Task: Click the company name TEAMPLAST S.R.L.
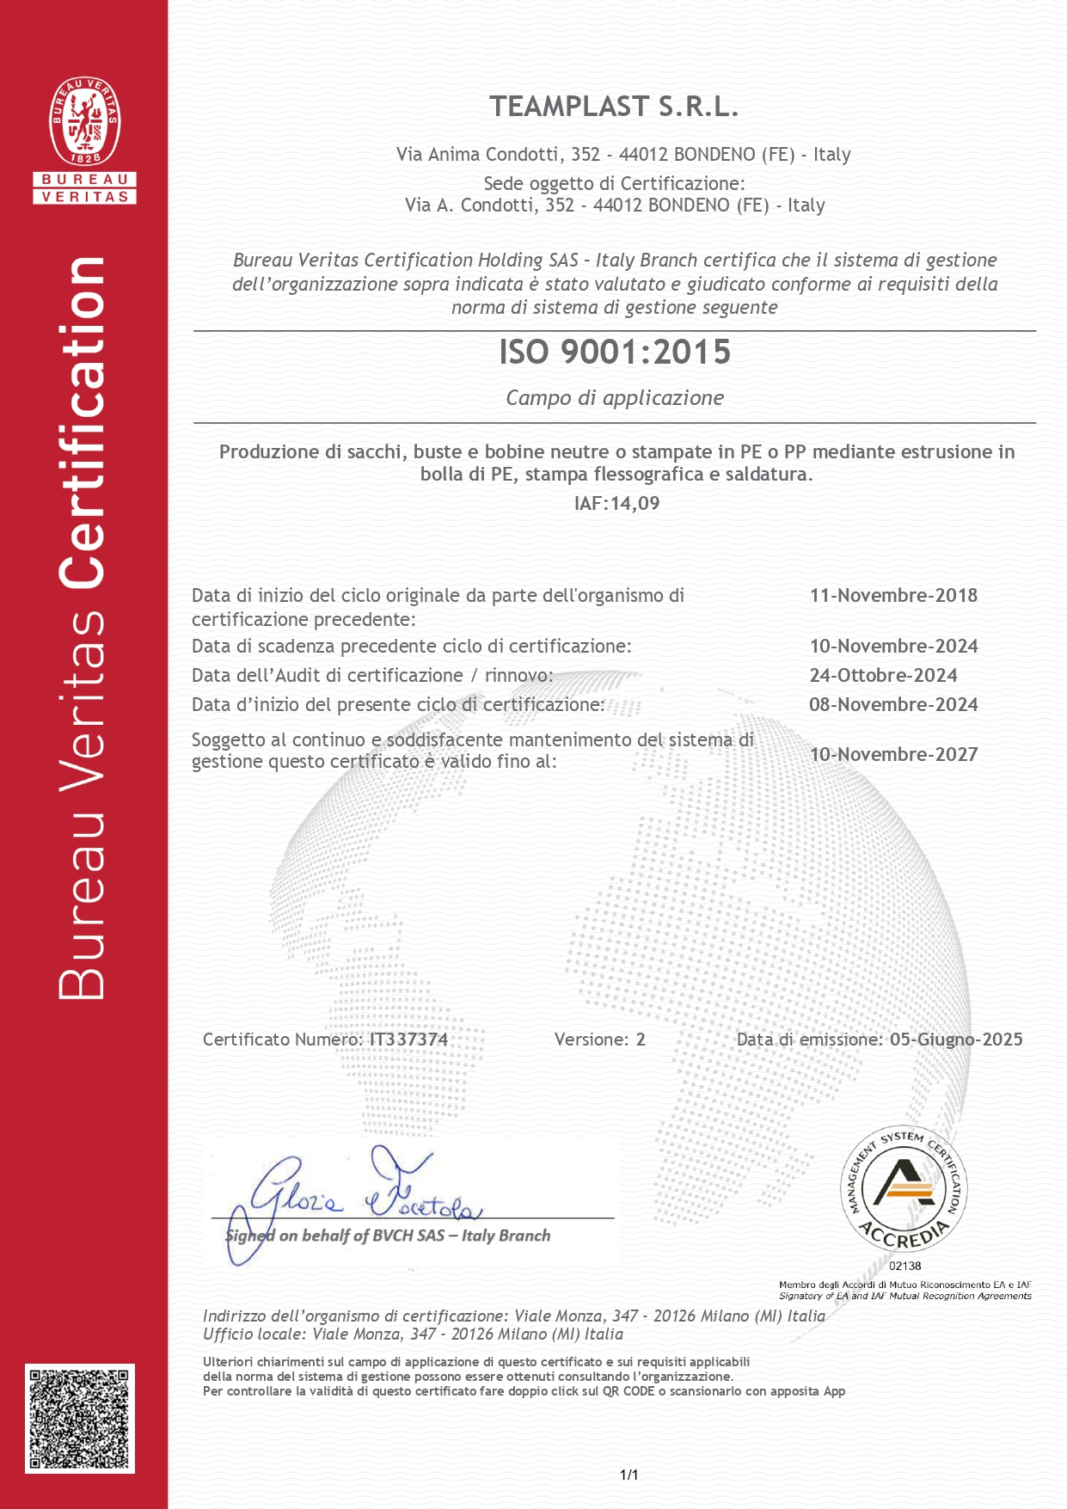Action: [614, 107]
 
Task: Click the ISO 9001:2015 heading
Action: [614, 352]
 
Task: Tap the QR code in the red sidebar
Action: [80, 1418]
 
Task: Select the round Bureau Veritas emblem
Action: [84, 122]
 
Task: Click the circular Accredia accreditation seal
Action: [904, 1190]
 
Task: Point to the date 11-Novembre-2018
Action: [893, 595]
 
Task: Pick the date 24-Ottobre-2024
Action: [883, 675]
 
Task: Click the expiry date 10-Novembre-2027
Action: [893, 754]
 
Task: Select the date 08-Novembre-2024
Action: [893, 704]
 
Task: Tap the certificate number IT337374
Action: [408, 1039]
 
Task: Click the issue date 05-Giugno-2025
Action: [956, 1039]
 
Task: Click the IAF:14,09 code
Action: [616, 503]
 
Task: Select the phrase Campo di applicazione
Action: [614, 397]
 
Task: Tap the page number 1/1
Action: [629, 1475]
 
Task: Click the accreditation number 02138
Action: [904, 1266]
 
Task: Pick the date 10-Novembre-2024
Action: [893, 646]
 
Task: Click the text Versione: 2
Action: [599, 1039]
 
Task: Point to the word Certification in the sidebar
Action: [83, 421]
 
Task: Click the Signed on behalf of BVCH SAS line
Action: [388, 1236]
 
